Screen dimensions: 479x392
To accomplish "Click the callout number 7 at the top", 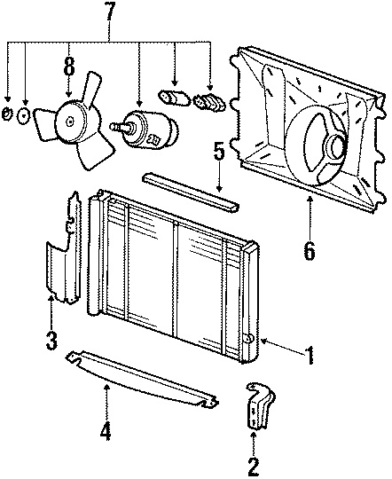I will tap(111, 14).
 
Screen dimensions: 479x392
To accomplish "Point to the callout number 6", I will tap(309, 251).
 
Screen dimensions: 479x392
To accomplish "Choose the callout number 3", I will tap(51, 338).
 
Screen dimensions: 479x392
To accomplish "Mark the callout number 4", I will tap(106, 432).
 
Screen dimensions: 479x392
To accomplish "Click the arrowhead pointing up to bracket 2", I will tap(254, 435).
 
